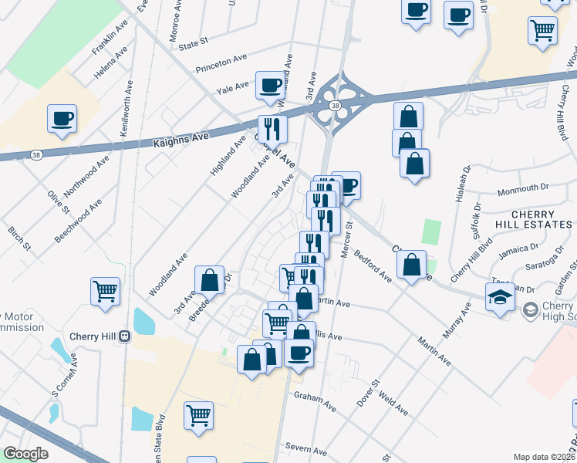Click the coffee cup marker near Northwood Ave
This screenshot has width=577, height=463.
[62, 119]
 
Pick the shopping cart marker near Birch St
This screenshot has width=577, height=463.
[105, 292]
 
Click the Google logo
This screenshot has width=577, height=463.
[25, 454]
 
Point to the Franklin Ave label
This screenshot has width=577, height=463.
[110, 38]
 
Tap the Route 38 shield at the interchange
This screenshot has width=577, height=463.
[334, 105]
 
